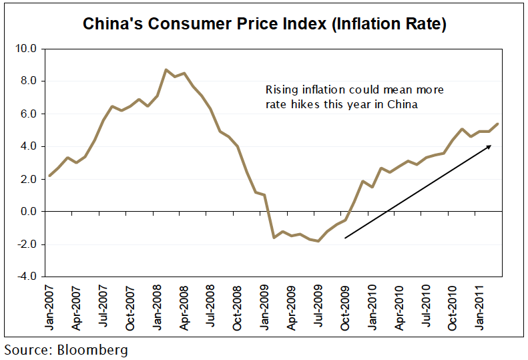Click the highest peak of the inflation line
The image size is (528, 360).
[166, 69]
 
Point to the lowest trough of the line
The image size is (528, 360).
[318, 240]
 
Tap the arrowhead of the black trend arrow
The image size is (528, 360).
[490, 146]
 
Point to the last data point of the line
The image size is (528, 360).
[499, 124]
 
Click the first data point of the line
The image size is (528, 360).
[50, 176]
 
